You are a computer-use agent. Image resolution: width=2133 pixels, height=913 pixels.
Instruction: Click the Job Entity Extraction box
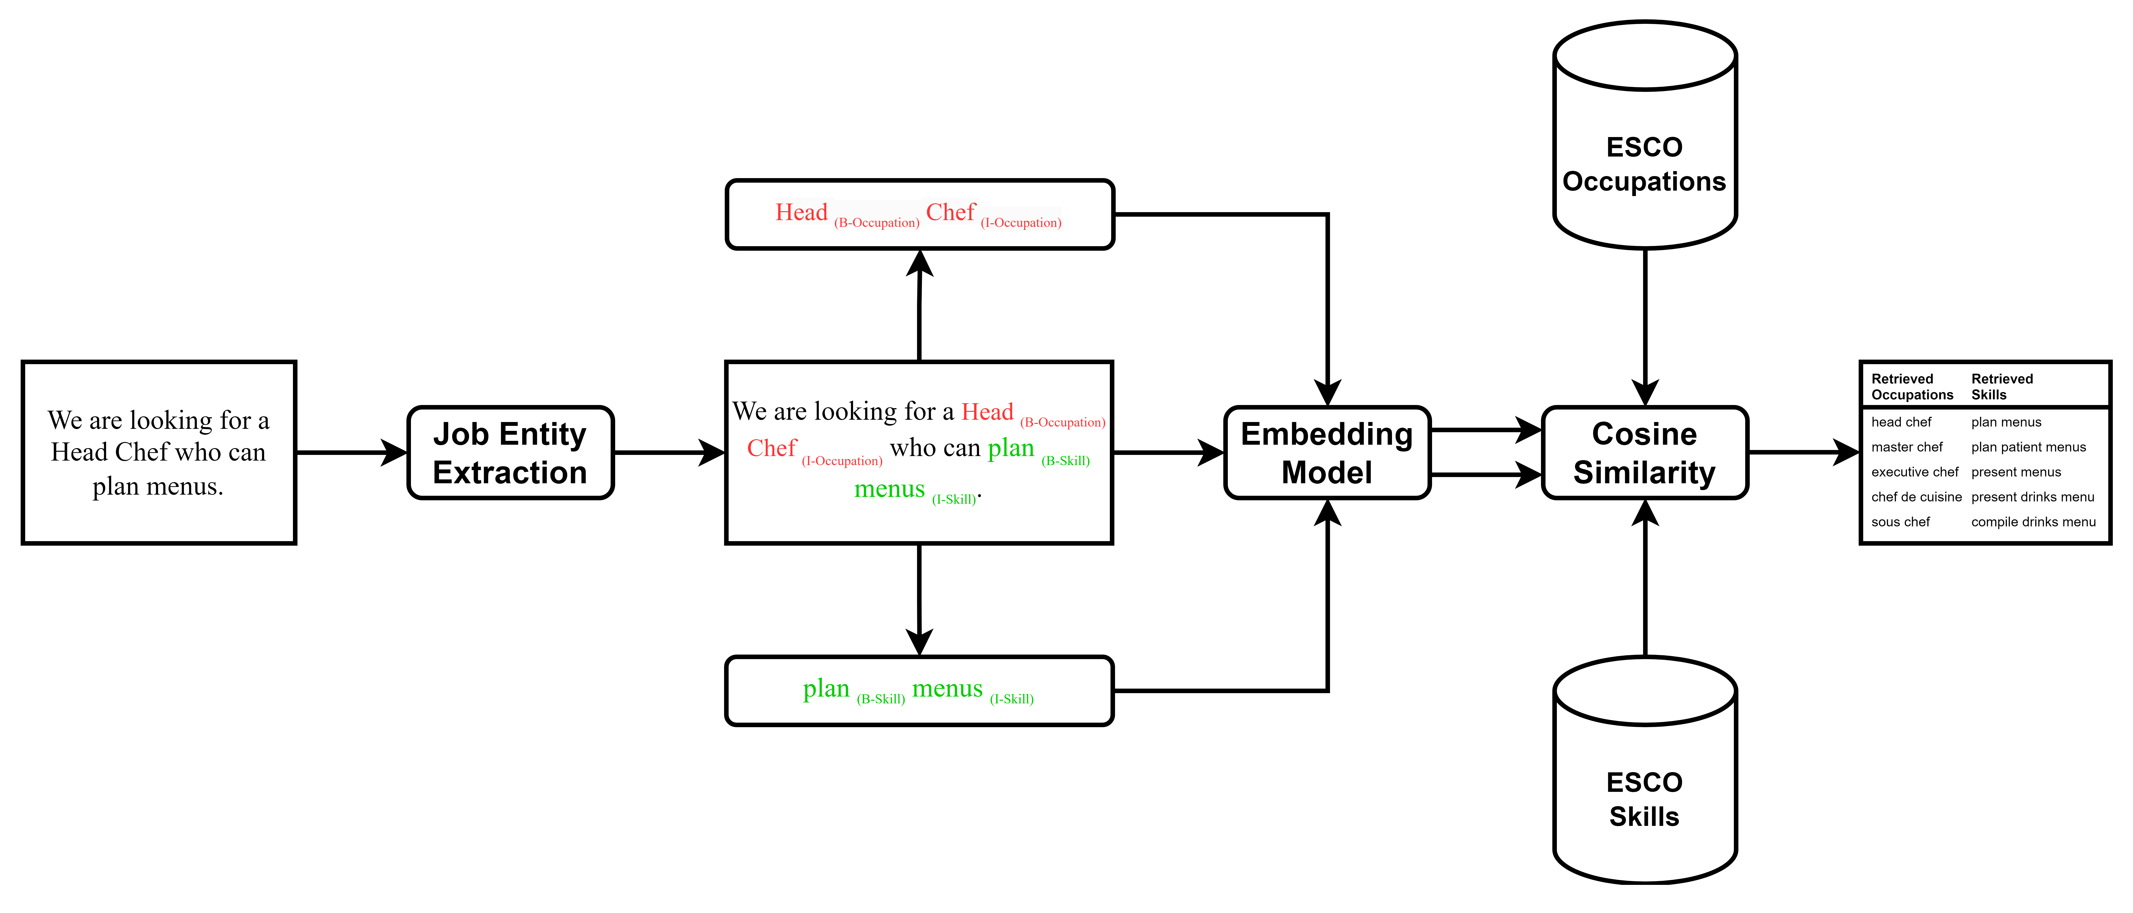(x=510, y=453)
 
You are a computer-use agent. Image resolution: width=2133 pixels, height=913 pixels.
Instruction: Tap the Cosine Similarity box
(x=1644, y=453)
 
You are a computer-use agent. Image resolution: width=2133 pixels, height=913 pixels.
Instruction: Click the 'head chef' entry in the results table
(x=1901, y=422)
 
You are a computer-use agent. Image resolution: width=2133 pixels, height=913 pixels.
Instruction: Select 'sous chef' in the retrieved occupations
(x=1900, y=522)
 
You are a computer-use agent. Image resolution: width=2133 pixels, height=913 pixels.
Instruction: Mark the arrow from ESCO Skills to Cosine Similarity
(x=1644, y=579)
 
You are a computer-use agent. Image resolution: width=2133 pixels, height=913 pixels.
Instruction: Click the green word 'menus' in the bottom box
(x=947, y=689)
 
